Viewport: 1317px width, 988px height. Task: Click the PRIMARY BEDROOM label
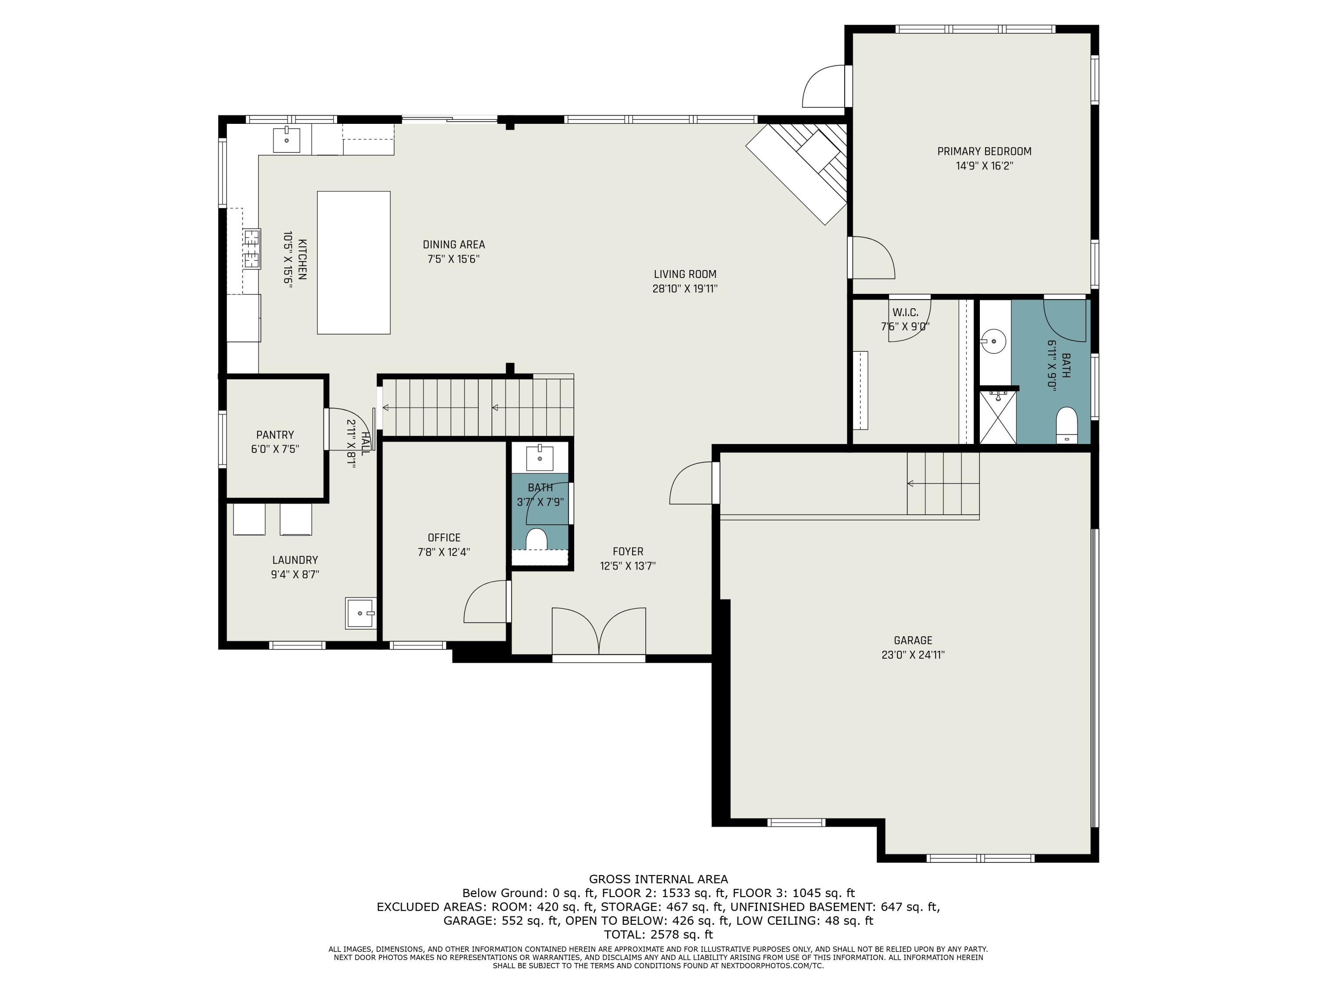coord(984,151)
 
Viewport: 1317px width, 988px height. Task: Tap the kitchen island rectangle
coord(354,263)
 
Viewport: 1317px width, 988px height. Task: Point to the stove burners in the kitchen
coord(252,249)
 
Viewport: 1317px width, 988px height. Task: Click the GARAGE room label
coord(913,640)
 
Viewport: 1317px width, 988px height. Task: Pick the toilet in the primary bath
coord(1066,425)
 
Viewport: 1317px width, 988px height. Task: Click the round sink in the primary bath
coord(993,342)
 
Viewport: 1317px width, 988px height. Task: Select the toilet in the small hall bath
coord(536,538)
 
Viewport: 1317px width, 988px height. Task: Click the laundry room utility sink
coord(361,613)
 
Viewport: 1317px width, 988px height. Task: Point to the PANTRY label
coord(275,435)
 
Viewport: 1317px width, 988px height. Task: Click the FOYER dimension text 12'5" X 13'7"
coord(628,566)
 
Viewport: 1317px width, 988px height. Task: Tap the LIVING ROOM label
coord(685,274)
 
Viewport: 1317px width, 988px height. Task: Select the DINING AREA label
coord(453,245)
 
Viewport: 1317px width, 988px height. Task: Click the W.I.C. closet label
coord(905,313)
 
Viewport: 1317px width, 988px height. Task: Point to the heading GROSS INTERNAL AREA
coord(658,879)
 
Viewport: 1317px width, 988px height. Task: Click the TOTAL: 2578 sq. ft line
coord(658,934)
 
